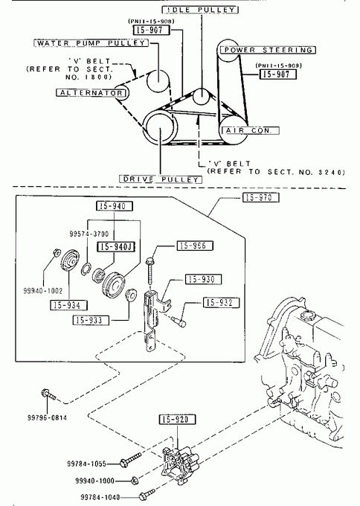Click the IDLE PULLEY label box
click(200, 10)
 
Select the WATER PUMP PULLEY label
click(91, 43)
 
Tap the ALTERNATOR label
click(91, 93)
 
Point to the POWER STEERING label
click(268, 50)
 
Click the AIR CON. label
click(249, 130)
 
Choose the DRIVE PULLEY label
click(161, 179)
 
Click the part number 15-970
click(260, 197)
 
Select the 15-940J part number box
click(116, 247)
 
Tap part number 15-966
click(195, 246)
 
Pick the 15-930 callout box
click(203, 279)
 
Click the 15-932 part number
click(221, 302)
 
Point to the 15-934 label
click(68, 305)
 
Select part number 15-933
click(91, 320)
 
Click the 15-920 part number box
click(178, 419)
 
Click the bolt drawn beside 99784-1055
click(130, 459)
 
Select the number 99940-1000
click(95, 481)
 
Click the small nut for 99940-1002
click(56, 253)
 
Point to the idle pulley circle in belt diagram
click(201, 96)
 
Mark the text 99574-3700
click(89, 234)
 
